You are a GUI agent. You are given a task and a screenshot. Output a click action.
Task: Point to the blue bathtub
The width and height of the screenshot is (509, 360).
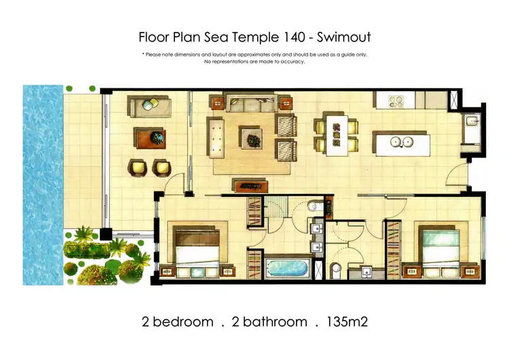286,266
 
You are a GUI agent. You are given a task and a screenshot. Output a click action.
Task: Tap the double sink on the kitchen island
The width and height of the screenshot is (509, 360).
403,142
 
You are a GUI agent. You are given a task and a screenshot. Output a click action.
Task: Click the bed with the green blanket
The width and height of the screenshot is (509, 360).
437,249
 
